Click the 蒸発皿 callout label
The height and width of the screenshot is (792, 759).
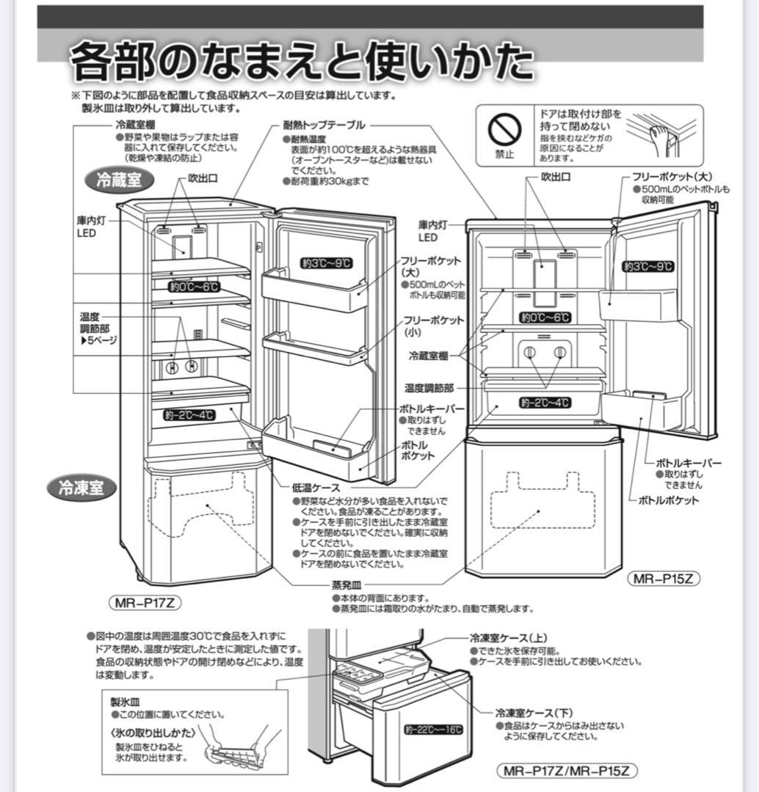(347, 585)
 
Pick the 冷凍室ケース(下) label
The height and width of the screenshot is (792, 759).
(529, 713)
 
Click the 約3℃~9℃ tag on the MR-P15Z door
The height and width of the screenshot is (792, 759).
(648, 266)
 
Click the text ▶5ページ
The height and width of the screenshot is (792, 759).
(97, 340)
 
